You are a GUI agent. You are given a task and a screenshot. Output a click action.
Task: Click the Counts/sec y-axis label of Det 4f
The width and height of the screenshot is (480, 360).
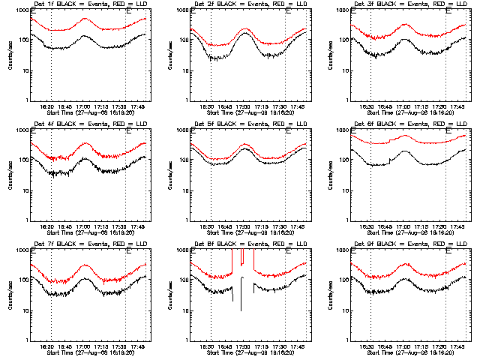[x=10, y=175]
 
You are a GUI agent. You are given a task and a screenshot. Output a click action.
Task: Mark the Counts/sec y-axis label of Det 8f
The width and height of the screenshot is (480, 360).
[x=169, y=295]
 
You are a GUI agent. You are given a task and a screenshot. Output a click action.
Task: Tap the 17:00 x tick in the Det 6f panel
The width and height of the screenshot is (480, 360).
[x=403, y=226]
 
